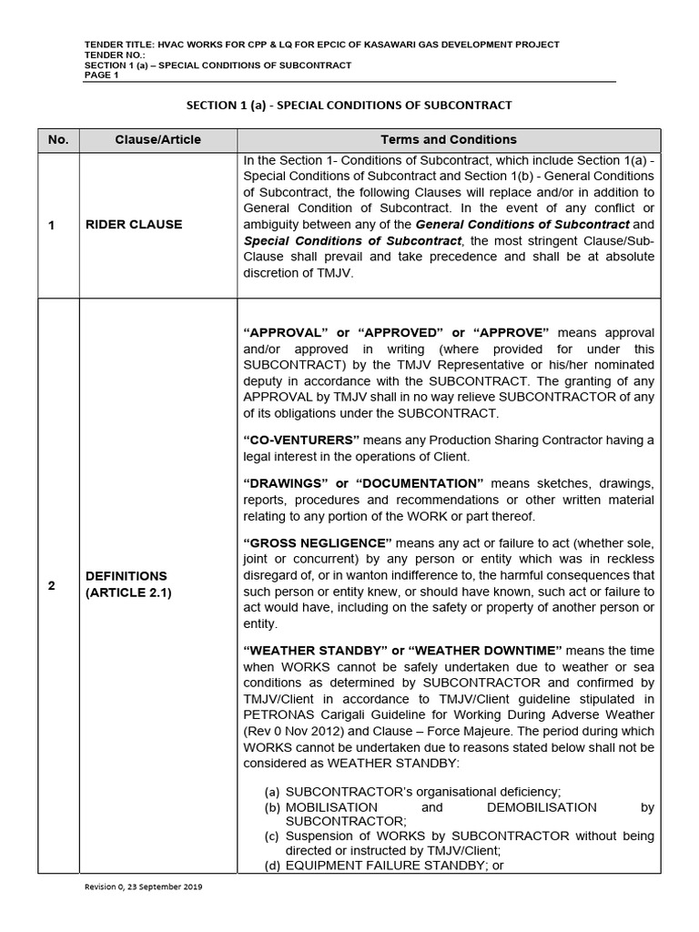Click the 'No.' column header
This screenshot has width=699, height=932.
point(58,139)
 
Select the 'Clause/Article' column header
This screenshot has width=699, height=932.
point(158,139)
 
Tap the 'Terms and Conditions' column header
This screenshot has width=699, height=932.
point(448,139)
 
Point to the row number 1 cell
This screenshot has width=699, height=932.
point(52,224)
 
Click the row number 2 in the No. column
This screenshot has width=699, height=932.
point(52,585)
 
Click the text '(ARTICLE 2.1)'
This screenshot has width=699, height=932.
point(127,593)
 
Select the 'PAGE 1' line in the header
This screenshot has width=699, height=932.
point(101,76)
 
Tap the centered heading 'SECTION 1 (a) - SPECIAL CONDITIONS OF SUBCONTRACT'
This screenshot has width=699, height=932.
point(349,106)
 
